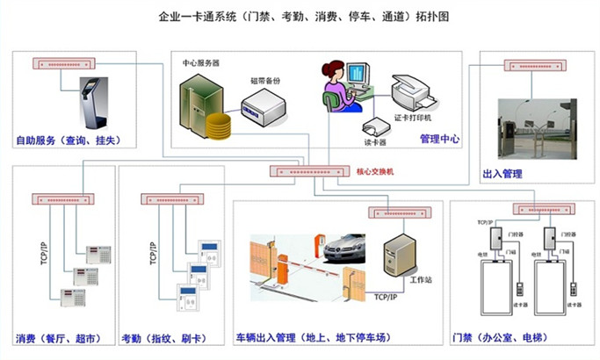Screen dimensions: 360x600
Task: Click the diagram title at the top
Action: pyautogui.click(x=300, y=17)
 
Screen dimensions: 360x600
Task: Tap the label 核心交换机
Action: pyautogui.click(x=376, y=172)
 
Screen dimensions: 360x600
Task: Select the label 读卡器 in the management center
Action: pyautogui.click(x=375, y=142)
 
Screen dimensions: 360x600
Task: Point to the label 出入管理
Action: pyautogui.click(x=502, y=174)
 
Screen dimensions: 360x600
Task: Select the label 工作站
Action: pyautogui.click(x=423, y=279)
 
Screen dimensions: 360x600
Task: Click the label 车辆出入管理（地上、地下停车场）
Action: pyautogui.click(x=312, y=338)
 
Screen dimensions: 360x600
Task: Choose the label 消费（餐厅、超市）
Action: pyautogui.click(x=58, y=338)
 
